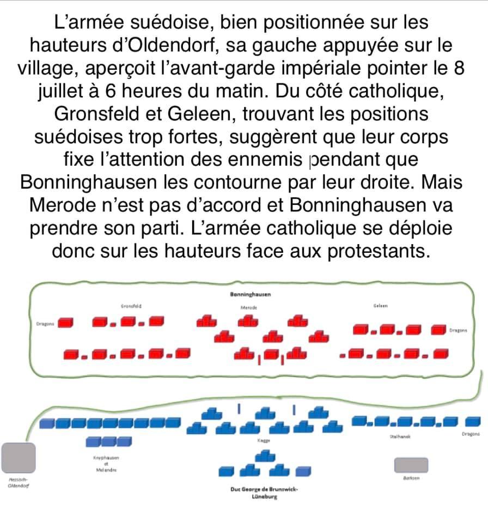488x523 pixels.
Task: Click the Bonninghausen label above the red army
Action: [x=251, y=294]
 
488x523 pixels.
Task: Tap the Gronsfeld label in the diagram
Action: [x=129, y=306]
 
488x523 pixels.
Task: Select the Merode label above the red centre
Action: [x=248, y=307]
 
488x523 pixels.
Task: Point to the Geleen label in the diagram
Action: [x=380, y=306]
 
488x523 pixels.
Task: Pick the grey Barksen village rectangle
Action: [x=411, y=465]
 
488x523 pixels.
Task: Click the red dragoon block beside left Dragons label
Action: [x=66, y=323]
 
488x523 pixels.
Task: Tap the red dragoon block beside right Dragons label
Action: [x=440, y=329]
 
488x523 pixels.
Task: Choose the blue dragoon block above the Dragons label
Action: [x=473, y=421]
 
